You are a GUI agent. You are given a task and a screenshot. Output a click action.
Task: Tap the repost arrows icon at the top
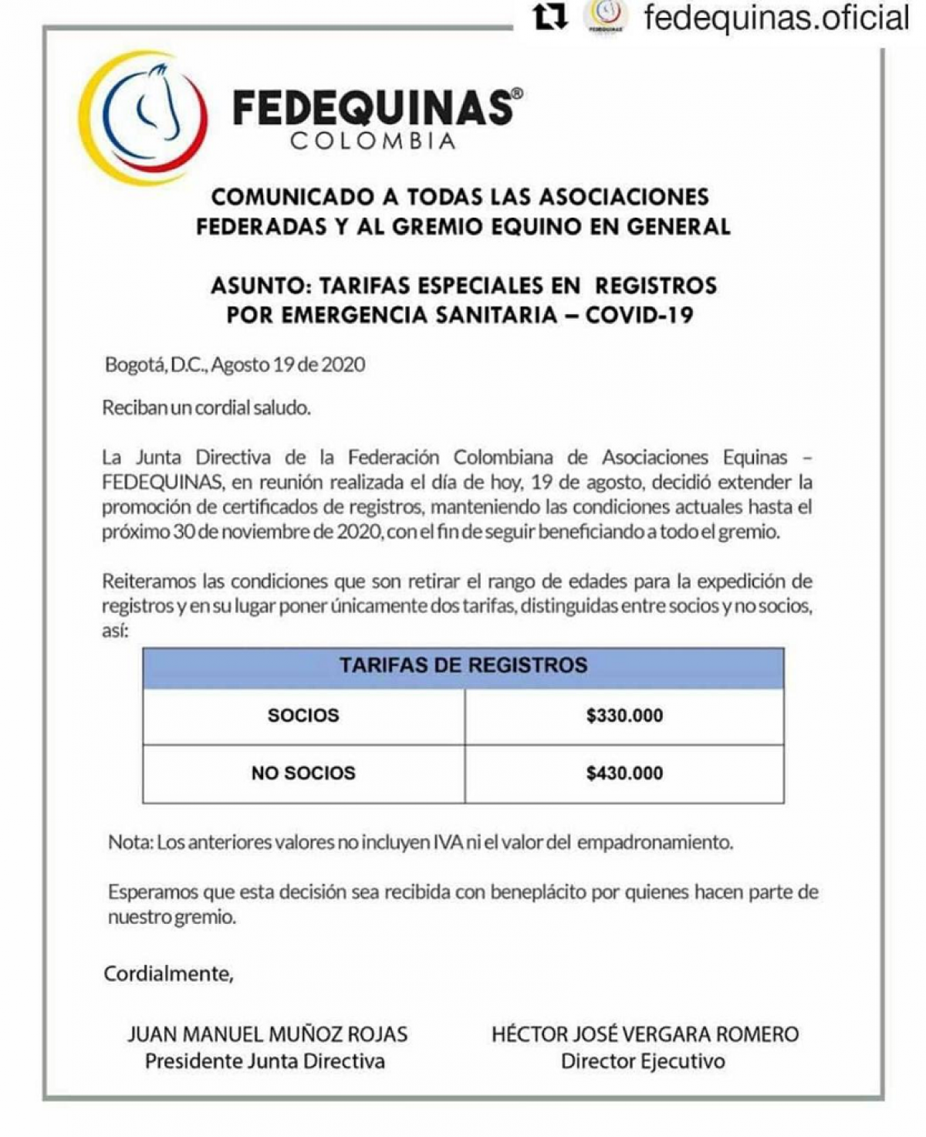(550, 17)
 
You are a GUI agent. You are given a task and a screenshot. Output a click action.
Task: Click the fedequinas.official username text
(776, 17)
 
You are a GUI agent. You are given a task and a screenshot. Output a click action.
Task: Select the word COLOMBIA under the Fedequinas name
(373, 141)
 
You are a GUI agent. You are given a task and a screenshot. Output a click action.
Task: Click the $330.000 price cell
(624, 716)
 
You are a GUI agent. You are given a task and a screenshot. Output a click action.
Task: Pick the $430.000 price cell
(624, 773)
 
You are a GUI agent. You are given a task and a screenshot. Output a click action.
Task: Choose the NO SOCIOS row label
(303, 773)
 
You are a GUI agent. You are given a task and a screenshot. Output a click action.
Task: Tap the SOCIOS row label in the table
(303, 716)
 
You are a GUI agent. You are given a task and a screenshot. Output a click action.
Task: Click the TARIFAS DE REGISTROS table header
(463, 665)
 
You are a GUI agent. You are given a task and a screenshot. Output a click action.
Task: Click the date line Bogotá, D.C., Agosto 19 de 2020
(235, 364)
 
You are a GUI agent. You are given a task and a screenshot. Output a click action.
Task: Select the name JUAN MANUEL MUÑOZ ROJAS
(267, 1034)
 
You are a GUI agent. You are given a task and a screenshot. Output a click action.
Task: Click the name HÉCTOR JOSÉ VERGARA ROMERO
(645, 1034)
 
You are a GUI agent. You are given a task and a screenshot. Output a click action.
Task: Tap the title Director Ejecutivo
(643, 1061)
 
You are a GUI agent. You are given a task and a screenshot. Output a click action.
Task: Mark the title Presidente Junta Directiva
(265, 1061)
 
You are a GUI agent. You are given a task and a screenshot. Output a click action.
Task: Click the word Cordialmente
(168, 973)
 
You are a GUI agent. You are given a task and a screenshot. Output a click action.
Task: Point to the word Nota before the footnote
(130, 842)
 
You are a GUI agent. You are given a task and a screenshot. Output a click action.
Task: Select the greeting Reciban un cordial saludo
(206, 408)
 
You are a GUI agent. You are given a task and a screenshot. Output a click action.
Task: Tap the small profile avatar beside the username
(606, 17)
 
